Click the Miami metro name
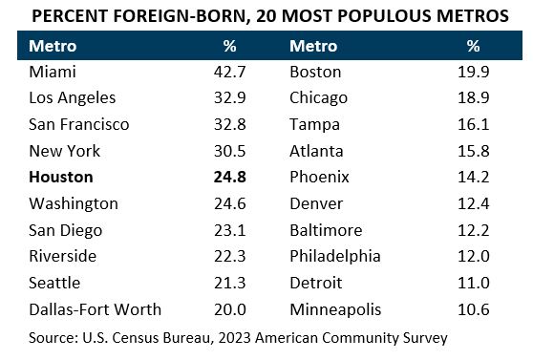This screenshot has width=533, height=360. [53, 72]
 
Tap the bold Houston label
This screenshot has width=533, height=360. [62, 177]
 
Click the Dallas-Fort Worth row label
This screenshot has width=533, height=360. [96, 308]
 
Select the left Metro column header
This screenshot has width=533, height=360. [53, 46]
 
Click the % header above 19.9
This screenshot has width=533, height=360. [473, 46]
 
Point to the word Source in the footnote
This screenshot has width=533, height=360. [52, 337]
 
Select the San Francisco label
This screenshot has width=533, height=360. [79, 124]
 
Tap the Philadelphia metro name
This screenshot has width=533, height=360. [334, 256]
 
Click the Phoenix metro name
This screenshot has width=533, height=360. [319, 177]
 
